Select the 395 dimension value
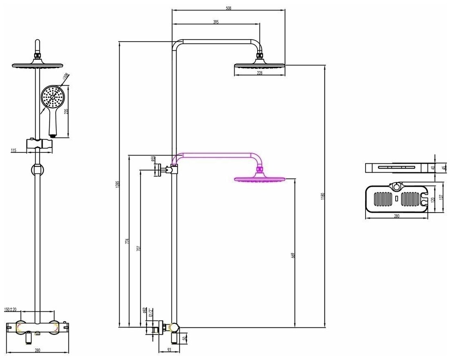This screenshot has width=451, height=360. point(216,22)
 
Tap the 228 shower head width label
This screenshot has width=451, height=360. point(259,73)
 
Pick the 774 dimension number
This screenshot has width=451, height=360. point(127,241)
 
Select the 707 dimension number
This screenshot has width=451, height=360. point(138,248)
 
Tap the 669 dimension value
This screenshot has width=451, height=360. point(293,255)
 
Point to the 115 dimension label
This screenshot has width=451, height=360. point(13,150)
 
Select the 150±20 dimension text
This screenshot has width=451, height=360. point(11,310)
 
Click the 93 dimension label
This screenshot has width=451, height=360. point(169,349)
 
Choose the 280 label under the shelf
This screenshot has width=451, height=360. point(396,216)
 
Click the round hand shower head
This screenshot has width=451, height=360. point(53,97)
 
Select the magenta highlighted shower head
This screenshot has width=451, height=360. point(259,179)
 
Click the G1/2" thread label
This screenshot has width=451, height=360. point(150,313)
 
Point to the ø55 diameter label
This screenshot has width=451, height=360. point(153,159)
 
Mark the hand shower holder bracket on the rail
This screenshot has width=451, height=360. point(39,144)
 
